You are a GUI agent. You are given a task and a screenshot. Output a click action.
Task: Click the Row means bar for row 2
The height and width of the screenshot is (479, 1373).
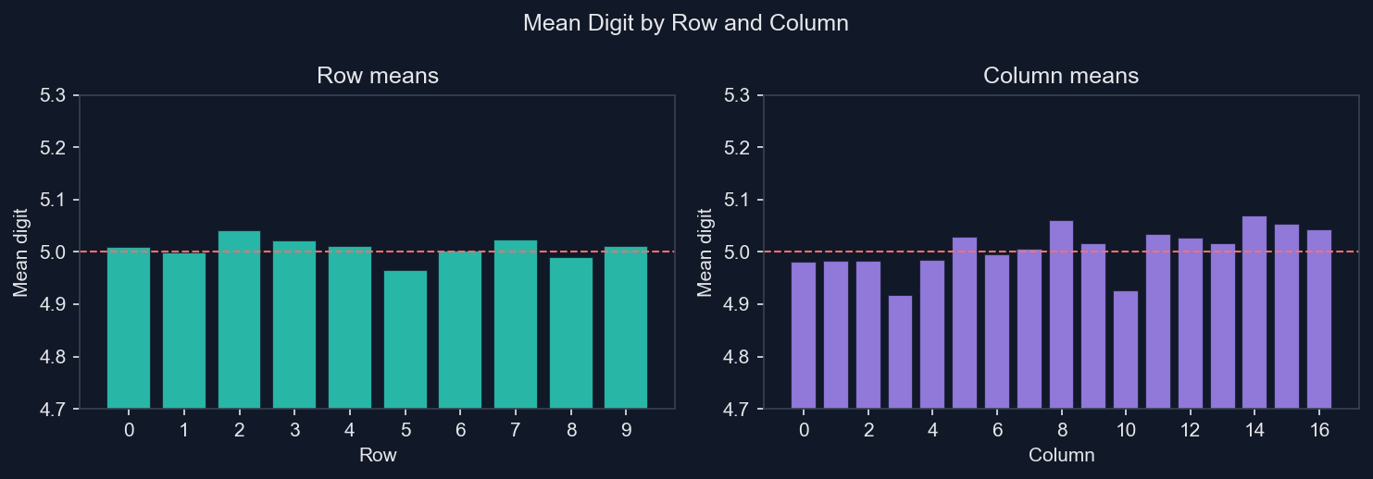point(239,319)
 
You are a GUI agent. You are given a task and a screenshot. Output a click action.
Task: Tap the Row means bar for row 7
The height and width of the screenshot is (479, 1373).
point(516,324)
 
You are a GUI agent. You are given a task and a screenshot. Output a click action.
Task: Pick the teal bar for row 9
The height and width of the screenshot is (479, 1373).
point(626,327)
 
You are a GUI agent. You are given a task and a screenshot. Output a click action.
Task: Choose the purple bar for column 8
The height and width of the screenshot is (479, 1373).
point(1061,314)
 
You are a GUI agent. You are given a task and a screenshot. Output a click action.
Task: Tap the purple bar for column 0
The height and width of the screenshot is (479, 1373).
point(804,335)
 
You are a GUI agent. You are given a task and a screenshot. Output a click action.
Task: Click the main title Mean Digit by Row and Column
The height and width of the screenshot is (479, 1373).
point(686,24)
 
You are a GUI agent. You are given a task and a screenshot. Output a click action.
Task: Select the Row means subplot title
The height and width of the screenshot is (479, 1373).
point(378,76)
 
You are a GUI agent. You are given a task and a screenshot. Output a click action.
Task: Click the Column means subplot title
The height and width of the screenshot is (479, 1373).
point(1061,76)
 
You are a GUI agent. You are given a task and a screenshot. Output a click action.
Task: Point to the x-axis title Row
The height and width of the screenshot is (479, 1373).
point(378,455)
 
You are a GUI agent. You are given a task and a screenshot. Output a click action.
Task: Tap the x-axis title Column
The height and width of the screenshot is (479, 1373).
point(1061,455)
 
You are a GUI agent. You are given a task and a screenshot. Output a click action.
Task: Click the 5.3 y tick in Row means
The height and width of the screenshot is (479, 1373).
point(58,95)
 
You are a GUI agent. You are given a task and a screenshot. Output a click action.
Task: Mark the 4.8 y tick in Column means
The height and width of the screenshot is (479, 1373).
point(742,357)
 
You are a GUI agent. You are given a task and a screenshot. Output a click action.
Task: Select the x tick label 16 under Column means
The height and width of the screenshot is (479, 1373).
point(1319,430)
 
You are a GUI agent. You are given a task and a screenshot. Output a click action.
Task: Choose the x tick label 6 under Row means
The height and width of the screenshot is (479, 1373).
point(460,430)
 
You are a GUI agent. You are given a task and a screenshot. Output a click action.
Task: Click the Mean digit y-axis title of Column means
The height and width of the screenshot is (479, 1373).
point(706,252)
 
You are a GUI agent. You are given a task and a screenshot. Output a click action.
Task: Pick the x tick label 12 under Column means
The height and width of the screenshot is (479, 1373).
point(1190,430)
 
